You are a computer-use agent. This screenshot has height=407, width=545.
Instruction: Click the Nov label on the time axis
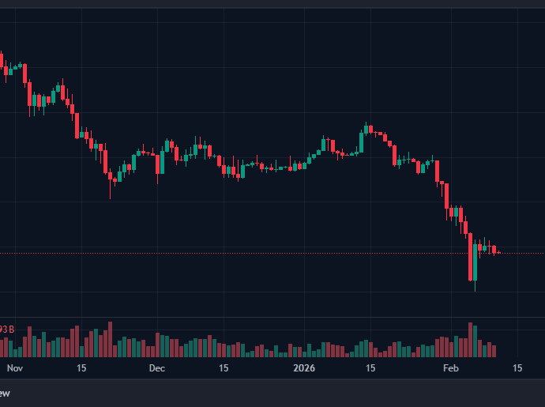coord(14,368)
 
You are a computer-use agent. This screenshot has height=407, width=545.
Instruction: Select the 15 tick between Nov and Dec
coord(81,368)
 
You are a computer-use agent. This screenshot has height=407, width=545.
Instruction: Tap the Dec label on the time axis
coord(156,368)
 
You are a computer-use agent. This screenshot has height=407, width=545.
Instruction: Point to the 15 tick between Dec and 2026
coord(224,368)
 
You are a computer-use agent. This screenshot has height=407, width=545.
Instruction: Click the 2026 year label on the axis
coord(304,368)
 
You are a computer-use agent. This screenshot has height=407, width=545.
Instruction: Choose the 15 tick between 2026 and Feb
coord(370,368)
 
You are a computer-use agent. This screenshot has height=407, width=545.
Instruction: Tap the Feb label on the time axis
coord(450,368)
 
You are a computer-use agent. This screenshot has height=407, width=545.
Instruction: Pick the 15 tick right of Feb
coord(517,368)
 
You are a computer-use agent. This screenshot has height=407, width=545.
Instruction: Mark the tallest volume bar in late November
coord(110,339)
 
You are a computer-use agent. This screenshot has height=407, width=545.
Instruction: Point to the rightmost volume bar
coord(494,350)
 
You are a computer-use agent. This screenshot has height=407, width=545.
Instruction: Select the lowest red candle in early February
coord(471,257)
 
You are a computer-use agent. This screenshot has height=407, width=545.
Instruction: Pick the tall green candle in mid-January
coord(362,142)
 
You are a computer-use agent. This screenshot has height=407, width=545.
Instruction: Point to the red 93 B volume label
coord(6,329)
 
